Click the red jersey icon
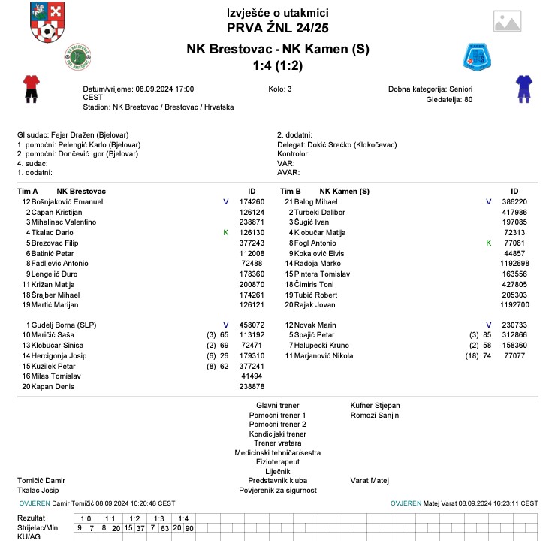click(31, 87)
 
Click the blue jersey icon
click(523, 87)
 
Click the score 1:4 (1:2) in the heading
click(277, 65)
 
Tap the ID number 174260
click(252, 202)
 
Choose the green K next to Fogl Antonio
click(488, 243)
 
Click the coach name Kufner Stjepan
click(376, 405)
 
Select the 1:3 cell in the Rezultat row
click(158, 518)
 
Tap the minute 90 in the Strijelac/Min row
click(189, 528)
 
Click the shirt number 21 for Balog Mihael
click(288, 202)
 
